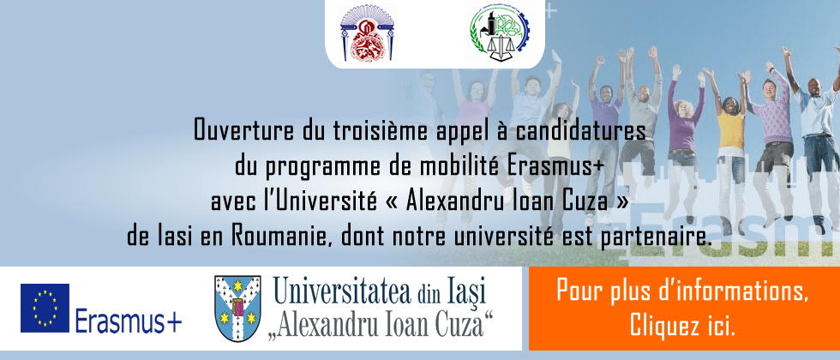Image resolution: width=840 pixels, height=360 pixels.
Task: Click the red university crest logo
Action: coord(367,33)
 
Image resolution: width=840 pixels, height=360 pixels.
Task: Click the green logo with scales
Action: coord(499,33)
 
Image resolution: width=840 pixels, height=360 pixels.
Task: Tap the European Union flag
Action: coord(45,308)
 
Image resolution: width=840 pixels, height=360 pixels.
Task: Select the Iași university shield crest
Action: coord(237,309)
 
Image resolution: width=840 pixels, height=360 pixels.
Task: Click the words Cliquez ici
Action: coord(682,325)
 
